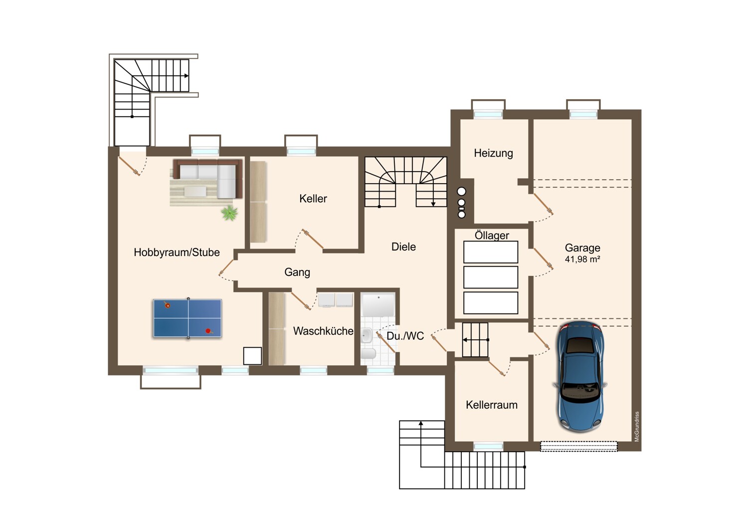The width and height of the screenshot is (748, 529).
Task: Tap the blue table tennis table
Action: [187, 318]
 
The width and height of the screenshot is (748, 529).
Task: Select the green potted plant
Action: [229, 213]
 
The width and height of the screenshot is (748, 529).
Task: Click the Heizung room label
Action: [493, 153]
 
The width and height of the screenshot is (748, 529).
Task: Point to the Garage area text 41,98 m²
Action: [582, 259]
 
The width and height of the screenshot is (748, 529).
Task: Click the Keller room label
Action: [313, 199]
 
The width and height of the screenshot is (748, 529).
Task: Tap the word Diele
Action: [403, 247]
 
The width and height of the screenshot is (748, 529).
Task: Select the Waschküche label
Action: [323, 331]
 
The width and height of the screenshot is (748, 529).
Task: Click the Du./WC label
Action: [405, 336]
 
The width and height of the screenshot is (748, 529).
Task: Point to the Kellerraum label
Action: [492, 405]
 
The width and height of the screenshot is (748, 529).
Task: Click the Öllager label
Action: [492, 235]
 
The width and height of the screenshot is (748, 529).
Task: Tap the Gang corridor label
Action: [297, 272]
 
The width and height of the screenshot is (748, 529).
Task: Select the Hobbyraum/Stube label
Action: [177, 253]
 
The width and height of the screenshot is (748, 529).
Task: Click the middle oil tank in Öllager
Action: [491, 277]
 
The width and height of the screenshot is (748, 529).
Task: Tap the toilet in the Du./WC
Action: [369, 353]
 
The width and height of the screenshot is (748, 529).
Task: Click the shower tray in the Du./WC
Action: [378, 305]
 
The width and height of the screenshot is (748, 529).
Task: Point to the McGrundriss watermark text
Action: [637, 426]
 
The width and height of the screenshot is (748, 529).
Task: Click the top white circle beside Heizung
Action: [461, 192]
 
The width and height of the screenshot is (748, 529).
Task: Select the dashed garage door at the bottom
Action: [578, 446]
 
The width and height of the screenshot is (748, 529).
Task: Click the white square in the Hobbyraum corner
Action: [252, 356]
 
